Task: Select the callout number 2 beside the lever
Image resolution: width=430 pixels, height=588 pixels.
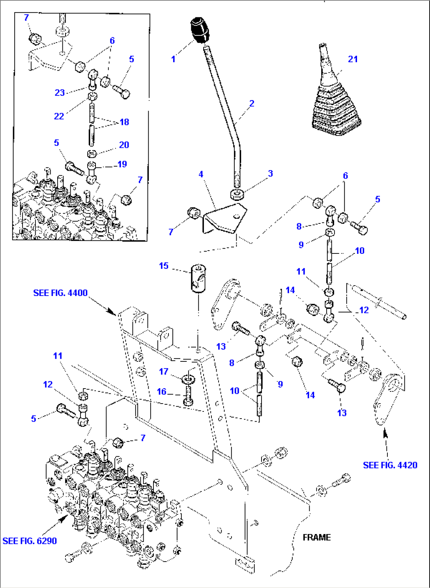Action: tap(252, 103)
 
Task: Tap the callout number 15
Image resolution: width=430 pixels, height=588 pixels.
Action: tap(164, 266)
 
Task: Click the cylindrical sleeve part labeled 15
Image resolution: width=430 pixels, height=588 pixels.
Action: tap(198, 278)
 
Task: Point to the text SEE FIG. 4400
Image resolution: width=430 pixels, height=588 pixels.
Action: tap(60, 293)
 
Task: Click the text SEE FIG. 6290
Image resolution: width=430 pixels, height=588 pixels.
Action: tap(30, 541)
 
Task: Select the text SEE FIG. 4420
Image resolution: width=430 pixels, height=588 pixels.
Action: tap(390, 465)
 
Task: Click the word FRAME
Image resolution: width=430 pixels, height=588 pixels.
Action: tap(317, 537)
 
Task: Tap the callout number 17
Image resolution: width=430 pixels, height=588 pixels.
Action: tap(164, 371)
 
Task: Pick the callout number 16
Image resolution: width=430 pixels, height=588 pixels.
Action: tap(162, 391)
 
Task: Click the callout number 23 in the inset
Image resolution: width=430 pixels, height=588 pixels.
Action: tap(60, 93)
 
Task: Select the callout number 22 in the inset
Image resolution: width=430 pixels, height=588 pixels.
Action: tap(59, 116)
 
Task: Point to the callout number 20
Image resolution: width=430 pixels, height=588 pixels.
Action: tap(124, 145)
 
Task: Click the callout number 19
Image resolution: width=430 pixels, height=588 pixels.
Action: tap(122, 164)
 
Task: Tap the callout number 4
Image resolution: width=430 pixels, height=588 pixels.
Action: tap(201, 174)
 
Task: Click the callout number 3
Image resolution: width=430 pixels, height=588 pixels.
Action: tap(270, 173)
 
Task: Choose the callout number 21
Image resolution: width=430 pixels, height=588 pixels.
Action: tap(353, 59)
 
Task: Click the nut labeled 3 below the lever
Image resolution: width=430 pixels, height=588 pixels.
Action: tap(237, 194)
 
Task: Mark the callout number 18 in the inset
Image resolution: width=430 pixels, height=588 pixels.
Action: tap(124, 122)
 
